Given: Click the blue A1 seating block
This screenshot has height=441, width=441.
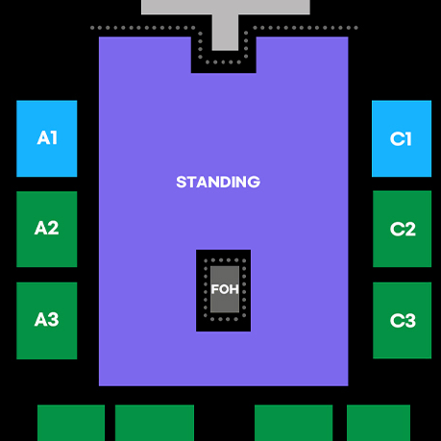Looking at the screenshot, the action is pyautogui.click(x=47, y=138).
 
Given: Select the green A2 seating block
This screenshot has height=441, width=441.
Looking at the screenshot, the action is pyautogui.click(x=47, y=229).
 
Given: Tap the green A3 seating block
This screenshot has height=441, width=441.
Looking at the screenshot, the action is pyautogui.click(x=47, y=321).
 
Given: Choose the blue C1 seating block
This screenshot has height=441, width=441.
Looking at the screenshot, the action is pyautogui.click(x=402, y=138).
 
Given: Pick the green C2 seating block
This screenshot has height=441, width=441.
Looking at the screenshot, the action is pyautogui.click(x=403, y=229).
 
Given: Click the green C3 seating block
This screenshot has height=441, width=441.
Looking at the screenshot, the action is pyautogui.click(x=403, y=320).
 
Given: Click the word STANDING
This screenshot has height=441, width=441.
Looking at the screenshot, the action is pyautogui.click(x=218, y=182).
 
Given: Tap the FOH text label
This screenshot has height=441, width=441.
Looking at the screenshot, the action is pyautogui.click(x=225, y=289).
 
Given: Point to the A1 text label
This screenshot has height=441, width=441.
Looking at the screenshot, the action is pyautogui.click(x=47, y=138).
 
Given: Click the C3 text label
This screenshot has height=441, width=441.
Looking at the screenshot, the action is pyautogui.click(x=403, y=321).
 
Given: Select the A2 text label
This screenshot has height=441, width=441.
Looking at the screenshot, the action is pyautogui.click(x=47, y=228).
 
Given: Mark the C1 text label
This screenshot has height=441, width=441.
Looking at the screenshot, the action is pyautogui.click(x=401, y=139).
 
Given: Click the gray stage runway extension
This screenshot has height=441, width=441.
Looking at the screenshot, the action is pyautogui.click(x=225, y=33).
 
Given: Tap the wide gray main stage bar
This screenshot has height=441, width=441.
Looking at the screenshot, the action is pyautogui.click(x=226, y=7).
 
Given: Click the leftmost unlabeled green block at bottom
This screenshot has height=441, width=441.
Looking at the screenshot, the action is pyautogui.click(x=71, y=423).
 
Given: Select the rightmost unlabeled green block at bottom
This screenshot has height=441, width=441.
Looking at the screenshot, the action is pyautogui.click(x=379, y=423).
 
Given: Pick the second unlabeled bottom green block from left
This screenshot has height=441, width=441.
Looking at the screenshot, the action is pyautogui.click(x=155, y=423).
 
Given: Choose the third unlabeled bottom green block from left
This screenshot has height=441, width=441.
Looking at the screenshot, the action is pyautogui.click(x=294, y=423).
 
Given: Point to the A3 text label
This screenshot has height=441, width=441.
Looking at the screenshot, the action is pyautogui.click(x=47, y=320).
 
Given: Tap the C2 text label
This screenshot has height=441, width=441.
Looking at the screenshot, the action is pyautogui.click(x=403, y=230).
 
